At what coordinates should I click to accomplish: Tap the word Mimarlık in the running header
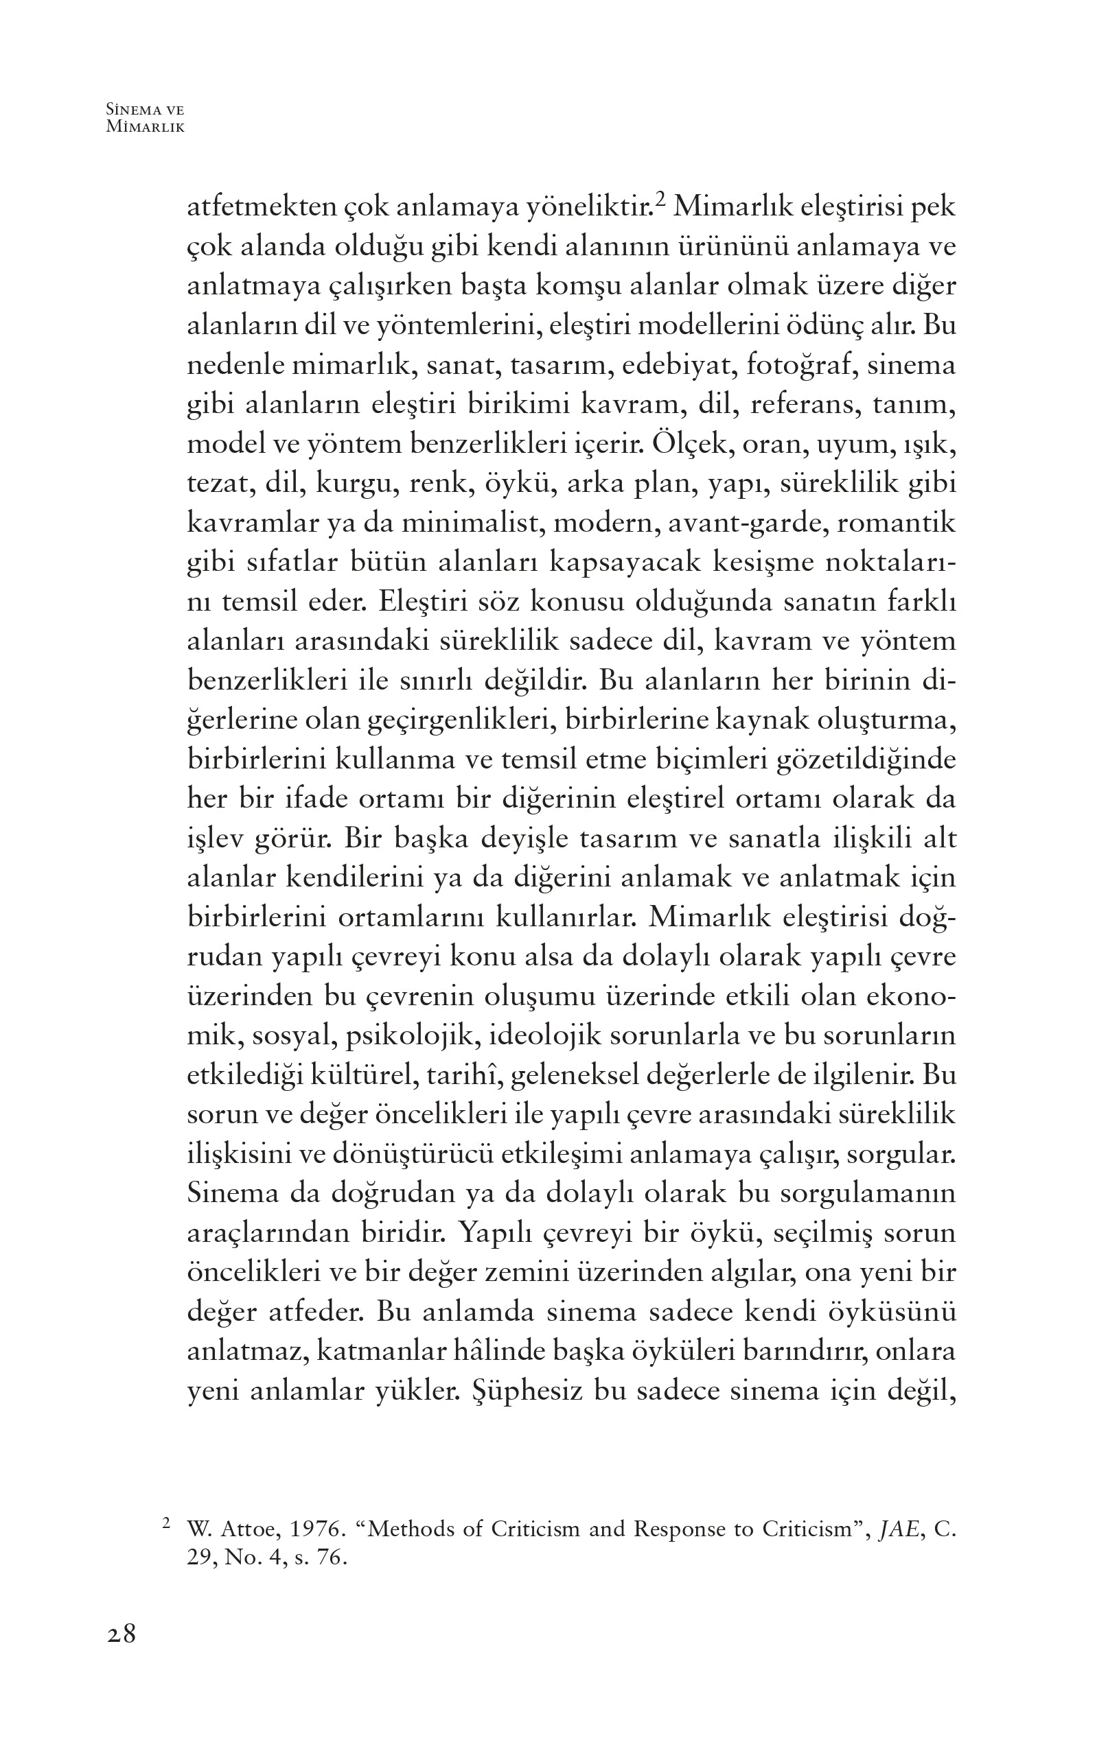[146, 127]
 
